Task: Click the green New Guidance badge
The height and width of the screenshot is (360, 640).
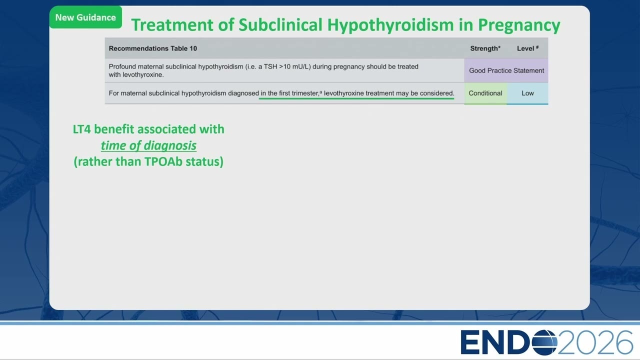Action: pos(85,17)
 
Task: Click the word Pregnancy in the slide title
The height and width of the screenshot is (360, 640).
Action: pos(519,25)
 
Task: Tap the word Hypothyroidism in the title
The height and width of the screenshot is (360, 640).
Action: pos(390,25)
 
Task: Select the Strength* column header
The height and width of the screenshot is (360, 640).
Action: pos(485,48)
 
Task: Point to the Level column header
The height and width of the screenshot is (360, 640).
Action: pos(527,48)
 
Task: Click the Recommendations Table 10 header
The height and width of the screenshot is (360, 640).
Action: pos(153,48)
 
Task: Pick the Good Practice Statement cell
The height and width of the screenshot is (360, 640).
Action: pos(506,70)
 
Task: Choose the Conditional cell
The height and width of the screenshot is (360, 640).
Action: pos(485,93)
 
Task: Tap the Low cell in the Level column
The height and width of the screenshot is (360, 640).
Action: pos(527,93)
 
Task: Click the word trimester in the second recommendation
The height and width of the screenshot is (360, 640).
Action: pos(305,93)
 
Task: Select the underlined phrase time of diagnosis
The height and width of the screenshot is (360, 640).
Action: pos(148,145)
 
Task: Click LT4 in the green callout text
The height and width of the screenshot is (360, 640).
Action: pos(81,129)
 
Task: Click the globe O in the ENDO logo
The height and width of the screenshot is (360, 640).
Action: pos(544,342)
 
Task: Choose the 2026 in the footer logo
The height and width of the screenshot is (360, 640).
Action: pos(595,342)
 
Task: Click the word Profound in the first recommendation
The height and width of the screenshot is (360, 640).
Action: pos(122,66)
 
